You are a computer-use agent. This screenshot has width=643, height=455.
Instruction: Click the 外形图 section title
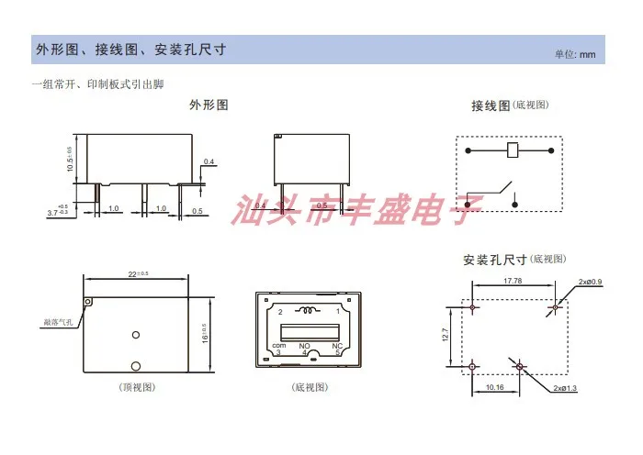[209, 105]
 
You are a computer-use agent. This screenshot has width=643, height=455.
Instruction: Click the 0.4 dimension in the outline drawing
[209, 162]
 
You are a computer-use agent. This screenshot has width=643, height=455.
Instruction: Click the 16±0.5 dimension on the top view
[204, 331]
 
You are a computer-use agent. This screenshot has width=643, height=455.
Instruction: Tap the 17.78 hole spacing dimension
[513, 282]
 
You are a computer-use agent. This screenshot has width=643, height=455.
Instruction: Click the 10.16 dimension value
[494, 387]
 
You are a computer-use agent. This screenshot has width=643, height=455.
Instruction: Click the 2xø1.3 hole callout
[566, 389]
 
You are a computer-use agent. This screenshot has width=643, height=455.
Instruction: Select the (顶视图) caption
[137, 387]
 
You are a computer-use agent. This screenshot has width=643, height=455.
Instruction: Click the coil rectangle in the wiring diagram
[513, 150]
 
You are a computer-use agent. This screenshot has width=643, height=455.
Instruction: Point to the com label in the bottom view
[279, 345]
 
